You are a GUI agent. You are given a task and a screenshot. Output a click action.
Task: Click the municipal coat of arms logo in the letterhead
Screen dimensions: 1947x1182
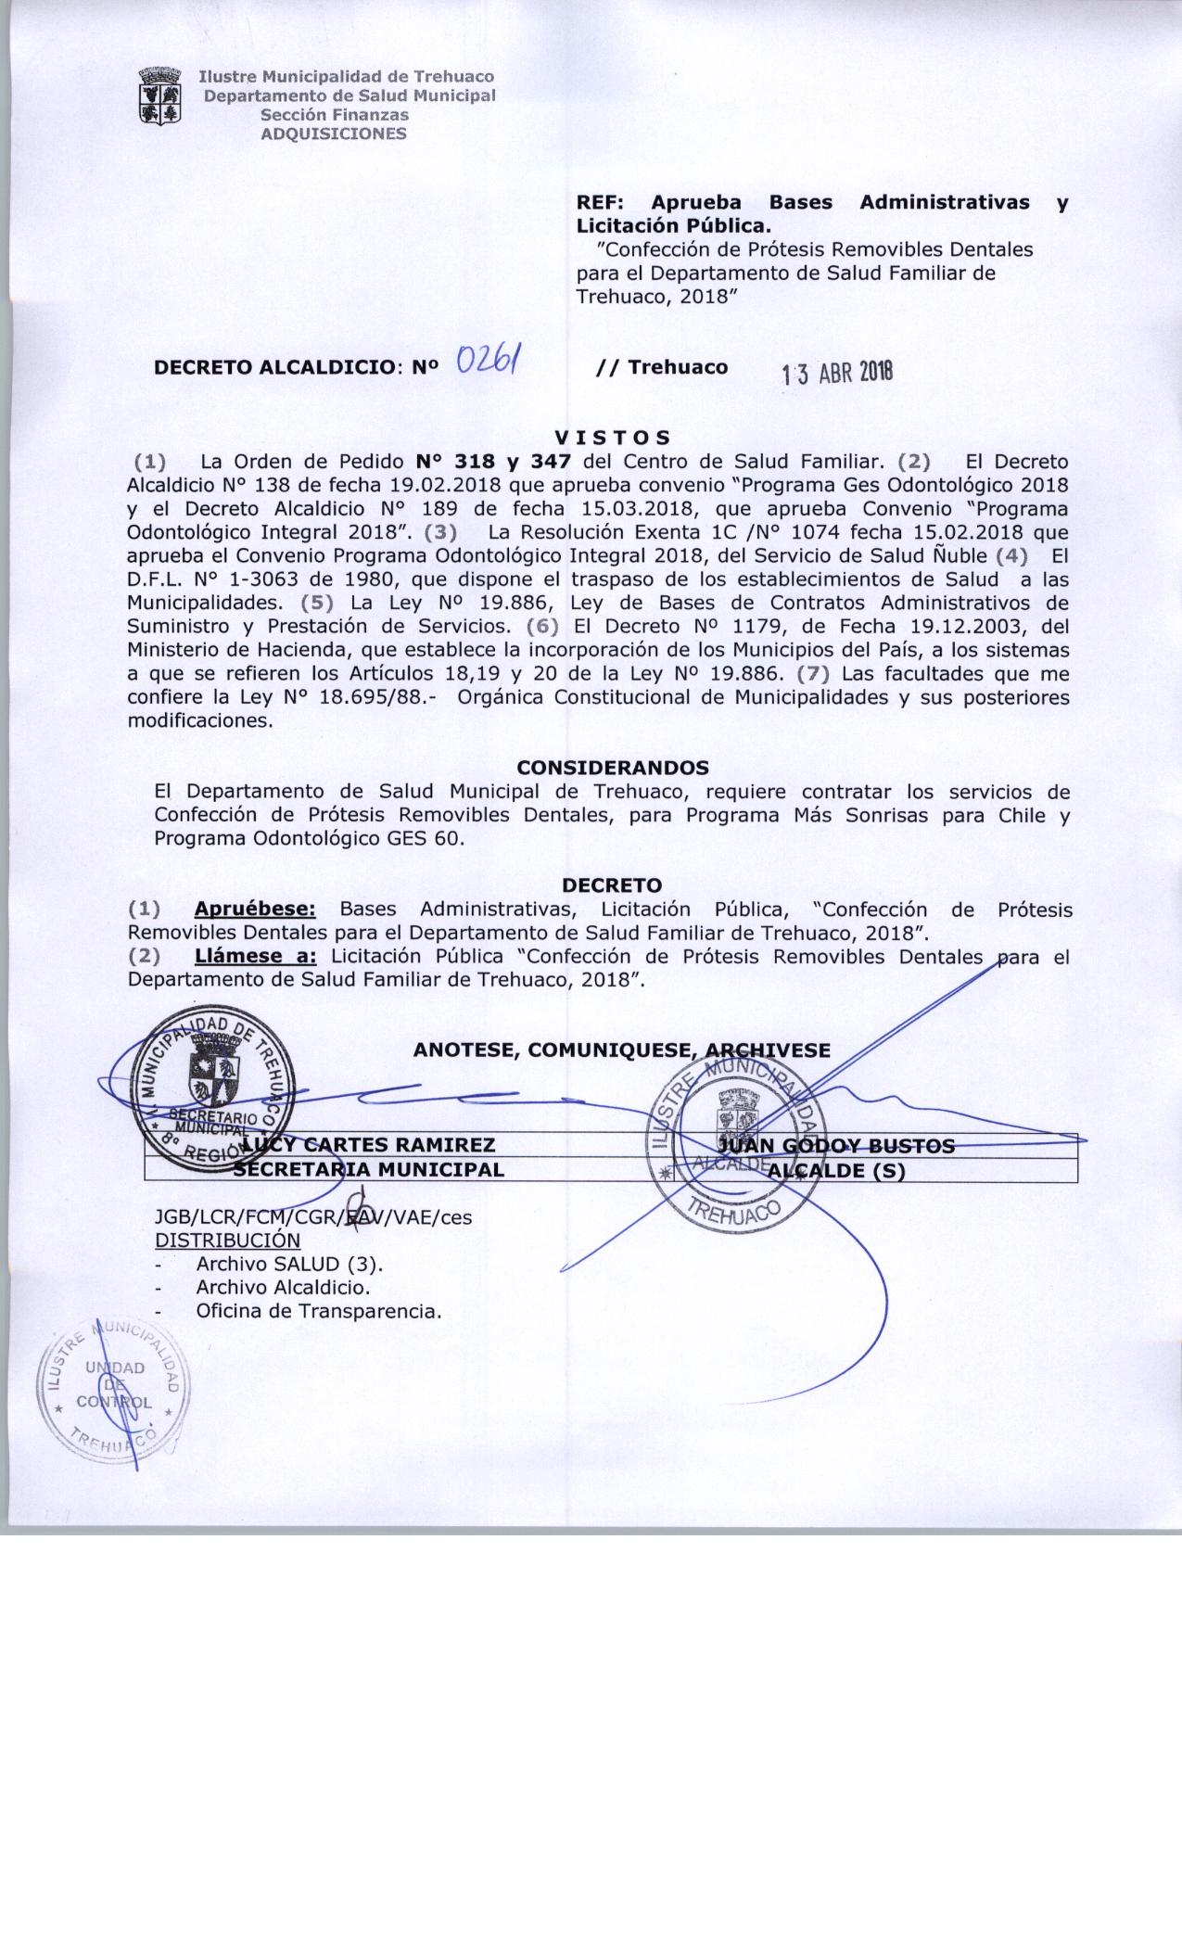159,95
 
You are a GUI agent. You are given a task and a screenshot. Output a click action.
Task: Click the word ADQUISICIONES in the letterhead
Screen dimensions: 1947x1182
334,134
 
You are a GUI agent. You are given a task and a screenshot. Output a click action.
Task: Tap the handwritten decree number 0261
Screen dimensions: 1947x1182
489,358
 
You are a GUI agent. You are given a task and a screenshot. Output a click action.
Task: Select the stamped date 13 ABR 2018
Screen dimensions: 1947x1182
837,373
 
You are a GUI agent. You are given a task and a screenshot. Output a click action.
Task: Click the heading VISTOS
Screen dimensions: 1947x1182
612,437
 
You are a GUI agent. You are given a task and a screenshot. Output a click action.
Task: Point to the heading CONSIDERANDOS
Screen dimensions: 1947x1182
613,768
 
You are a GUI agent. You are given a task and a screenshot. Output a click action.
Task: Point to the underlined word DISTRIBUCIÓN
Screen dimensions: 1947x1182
227,1241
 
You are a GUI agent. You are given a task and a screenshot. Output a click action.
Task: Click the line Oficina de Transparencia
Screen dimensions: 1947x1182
318,1311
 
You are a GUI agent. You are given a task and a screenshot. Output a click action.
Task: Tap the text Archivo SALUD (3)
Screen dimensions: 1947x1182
289,1264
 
